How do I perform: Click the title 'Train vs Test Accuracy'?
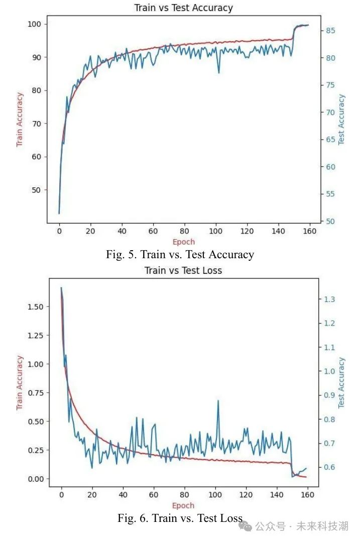[183, 8]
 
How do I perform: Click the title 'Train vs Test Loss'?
[183, 270]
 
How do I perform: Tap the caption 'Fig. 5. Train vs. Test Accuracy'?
[180, 254]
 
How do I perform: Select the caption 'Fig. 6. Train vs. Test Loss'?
[180, 517]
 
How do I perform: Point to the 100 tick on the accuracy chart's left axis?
[34, 24]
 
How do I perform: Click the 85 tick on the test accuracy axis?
[330, 31]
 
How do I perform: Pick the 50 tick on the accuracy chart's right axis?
[330, 221]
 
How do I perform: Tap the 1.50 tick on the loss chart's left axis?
[36, 307]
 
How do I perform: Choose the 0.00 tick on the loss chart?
[36, 479]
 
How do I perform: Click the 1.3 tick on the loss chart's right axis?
[329, 299]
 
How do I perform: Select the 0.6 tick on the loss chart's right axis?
[329, 467]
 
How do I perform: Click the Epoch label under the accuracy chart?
[184, 242]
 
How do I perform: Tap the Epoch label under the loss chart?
[183, 505]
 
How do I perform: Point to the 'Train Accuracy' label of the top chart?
[20, 120]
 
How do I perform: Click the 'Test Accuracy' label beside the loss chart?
[341, 383]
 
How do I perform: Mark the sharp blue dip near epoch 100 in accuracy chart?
[218, 72]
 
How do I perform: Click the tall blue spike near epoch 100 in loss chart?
[218, 402]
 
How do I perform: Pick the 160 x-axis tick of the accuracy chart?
[310, 231]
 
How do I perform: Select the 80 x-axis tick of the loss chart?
[184, 494]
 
